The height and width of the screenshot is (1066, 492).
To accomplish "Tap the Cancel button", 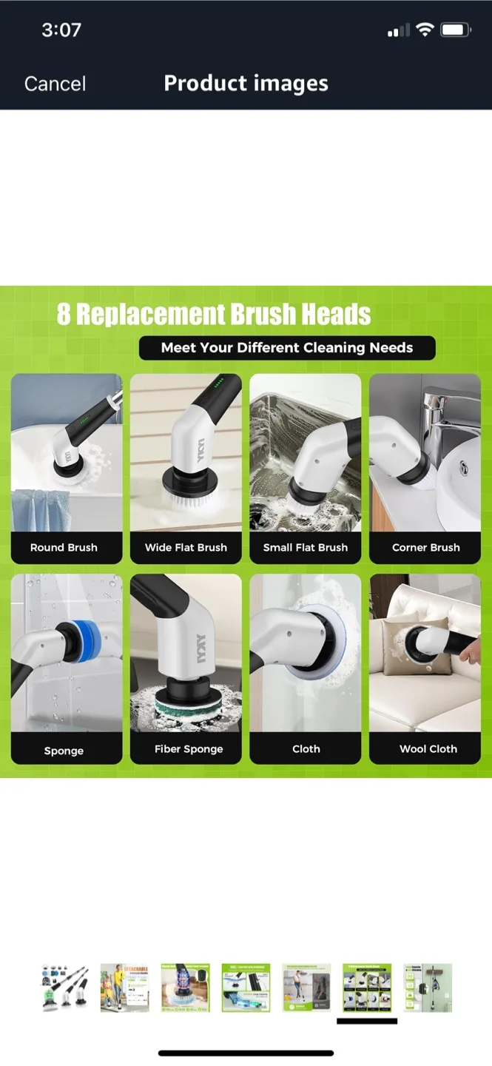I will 55,84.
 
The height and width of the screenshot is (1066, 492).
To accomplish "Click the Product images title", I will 246,83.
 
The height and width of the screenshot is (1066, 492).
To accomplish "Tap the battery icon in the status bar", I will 455,30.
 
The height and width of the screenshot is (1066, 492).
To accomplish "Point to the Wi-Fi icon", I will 425,30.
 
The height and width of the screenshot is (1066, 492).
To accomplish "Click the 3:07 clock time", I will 61,30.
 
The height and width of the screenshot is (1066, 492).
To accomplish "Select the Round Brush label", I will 64,548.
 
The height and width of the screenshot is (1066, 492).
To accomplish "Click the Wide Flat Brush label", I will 186,548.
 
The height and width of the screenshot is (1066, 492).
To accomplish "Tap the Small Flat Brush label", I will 306,548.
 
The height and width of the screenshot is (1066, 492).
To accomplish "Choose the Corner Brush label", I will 425,548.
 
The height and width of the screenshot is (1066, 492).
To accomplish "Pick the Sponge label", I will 64,751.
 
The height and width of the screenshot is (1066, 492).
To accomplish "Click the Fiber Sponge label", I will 189,749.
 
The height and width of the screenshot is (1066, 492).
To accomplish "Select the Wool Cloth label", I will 428,749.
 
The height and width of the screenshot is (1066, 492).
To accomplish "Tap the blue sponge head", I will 88,639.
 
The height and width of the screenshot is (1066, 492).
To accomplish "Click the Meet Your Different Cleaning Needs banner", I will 287,348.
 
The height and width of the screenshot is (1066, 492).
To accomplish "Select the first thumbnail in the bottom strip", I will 64,988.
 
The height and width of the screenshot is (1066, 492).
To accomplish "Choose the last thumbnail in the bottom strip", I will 428,988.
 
